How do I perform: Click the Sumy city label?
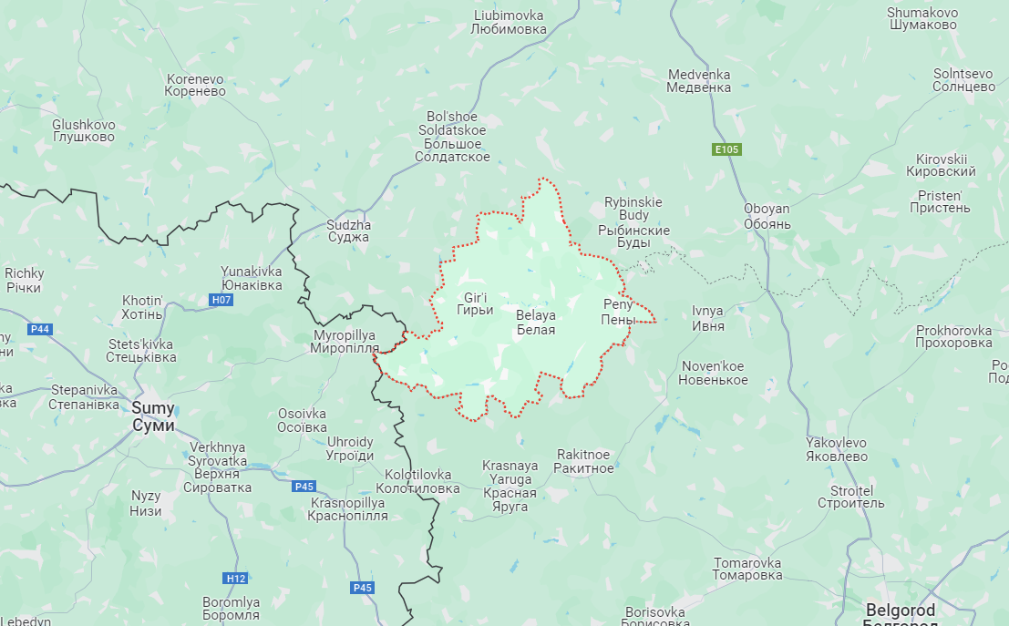152,416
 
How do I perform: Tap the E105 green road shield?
726,149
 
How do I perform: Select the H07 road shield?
221,300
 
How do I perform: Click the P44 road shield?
39,329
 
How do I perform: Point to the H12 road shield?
235,578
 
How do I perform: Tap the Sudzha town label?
348,231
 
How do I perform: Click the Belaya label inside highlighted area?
535,322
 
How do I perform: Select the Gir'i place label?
475,303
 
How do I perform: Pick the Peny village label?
617,311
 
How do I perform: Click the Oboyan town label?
767,216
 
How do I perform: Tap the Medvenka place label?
699,81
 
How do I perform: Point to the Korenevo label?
195,86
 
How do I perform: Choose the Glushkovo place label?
84,130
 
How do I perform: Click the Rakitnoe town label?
584,461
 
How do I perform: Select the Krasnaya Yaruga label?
510,486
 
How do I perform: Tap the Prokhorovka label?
953,336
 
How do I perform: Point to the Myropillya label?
344,342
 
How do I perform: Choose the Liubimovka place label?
509,23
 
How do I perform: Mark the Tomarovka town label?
747,569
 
